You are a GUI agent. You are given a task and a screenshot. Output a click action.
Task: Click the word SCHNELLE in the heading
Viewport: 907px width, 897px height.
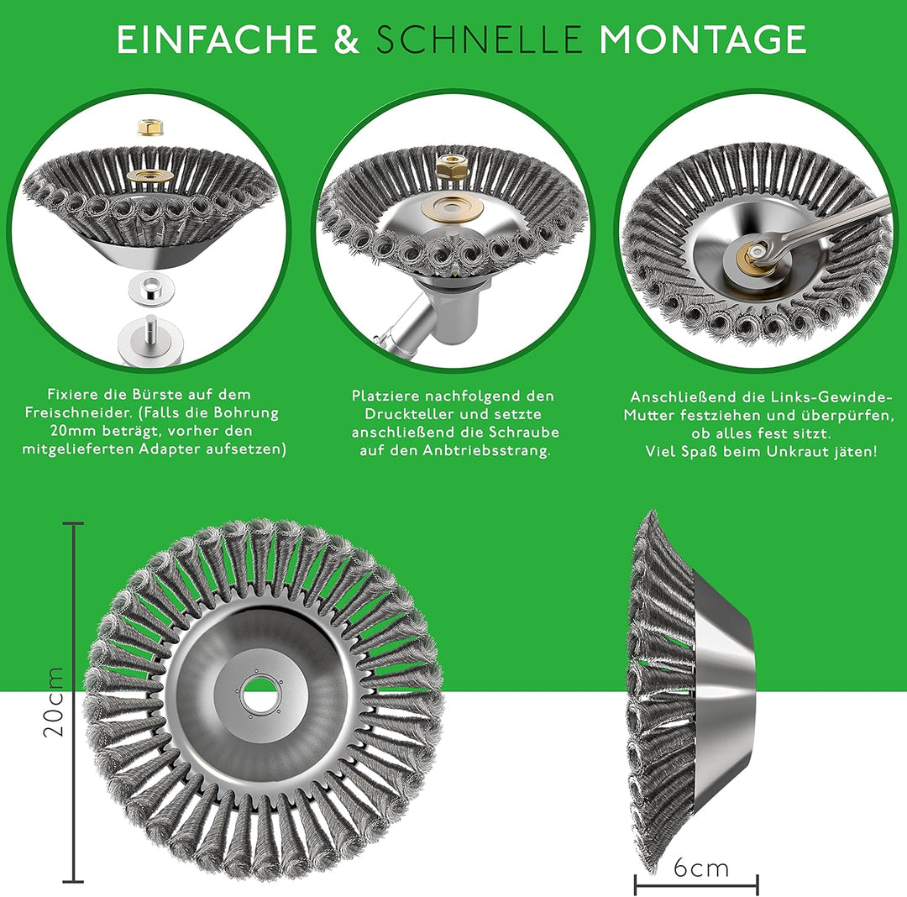point(479,39)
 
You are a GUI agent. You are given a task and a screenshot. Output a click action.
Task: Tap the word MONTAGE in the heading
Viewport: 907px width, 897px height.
point(701,39)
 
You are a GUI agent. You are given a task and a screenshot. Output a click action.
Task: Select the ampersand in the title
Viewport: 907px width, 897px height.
point(347,39)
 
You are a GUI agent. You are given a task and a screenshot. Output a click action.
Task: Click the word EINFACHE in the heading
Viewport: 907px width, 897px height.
point(217,39)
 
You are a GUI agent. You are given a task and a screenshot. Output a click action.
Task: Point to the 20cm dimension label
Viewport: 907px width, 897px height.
point(53,701)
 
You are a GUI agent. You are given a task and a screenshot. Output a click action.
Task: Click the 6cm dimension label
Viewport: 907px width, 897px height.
point(701,868)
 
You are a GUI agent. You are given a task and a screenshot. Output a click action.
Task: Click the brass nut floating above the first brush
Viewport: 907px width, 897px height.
point(149,127)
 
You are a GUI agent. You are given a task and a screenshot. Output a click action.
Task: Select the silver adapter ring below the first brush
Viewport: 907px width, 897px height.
point(150,287)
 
